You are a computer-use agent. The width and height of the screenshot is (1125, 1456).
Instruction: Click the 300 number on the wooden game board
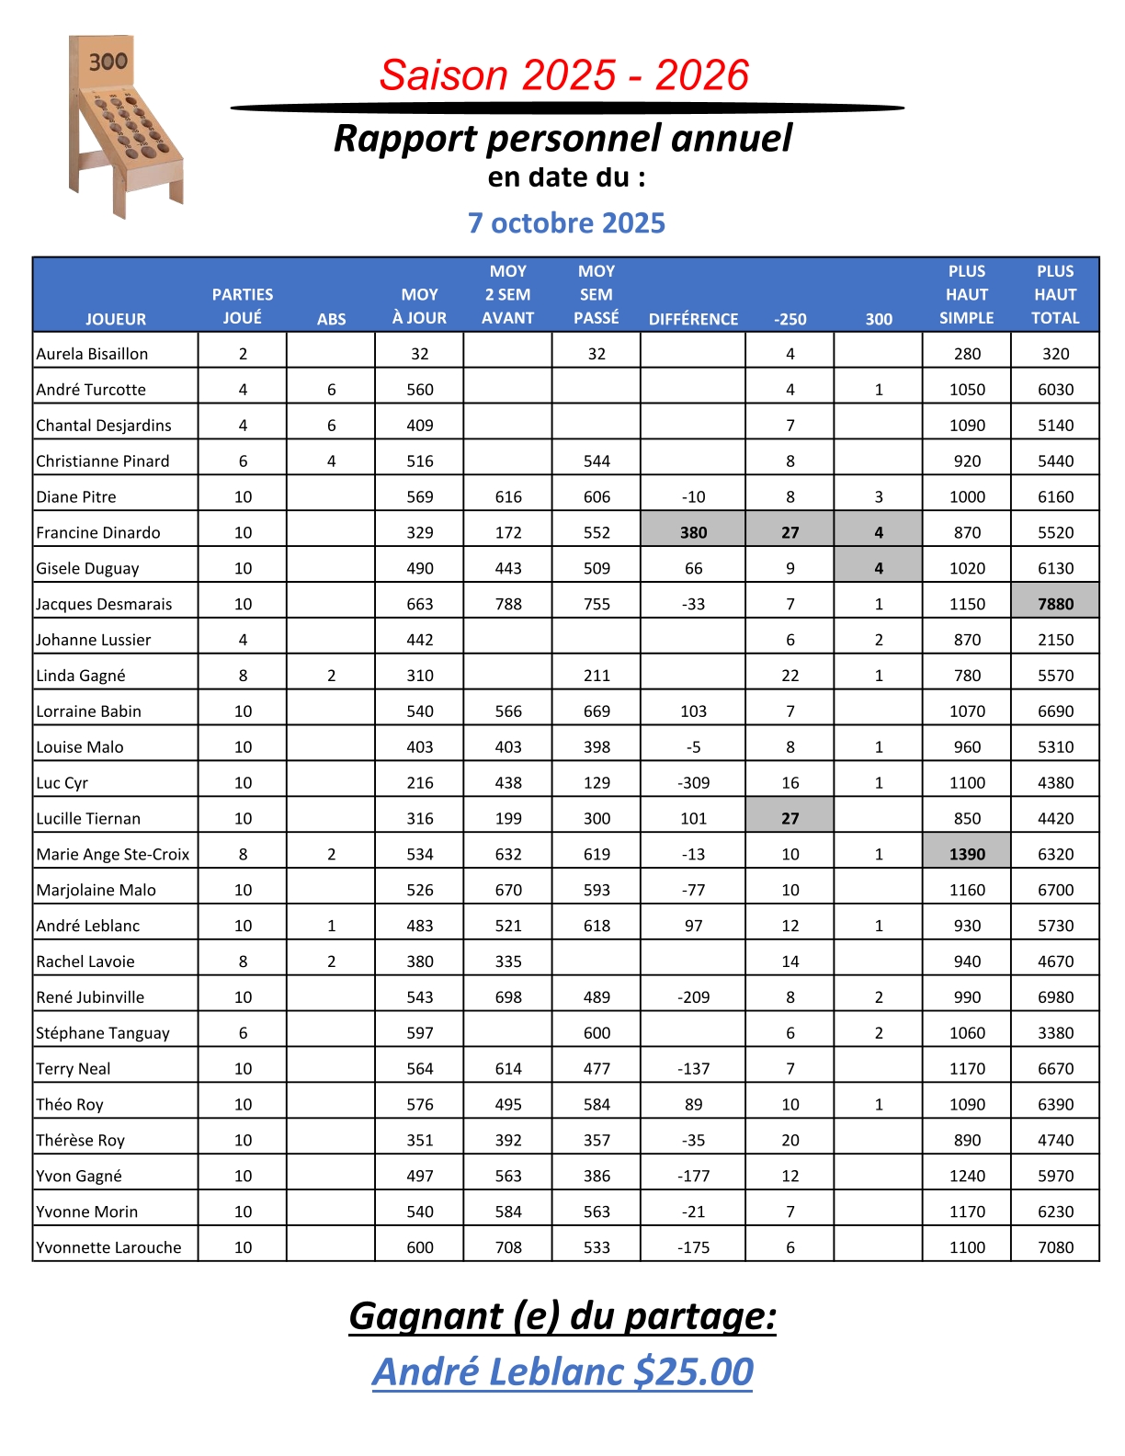click(108, 62)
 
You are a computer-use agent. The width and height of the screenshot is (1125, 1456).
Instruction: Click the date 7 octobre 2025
click(566, 223)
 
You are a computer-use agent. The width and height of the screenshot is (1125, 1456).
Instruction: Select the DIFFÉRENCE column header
click(693, 319)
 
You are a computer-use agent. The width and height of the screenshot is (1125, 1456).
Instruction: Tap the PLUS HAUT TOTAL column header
click(1055, 295)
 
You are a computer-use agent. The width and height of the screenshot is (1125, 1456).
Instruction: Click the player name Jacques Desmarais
click(104, 604)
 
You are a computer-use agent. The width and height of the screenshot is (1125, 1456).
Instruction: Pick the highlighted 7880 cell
click(1055, 604)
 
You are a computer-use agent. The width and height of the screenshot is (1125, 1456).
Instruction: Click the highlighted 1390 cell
click(967, 854)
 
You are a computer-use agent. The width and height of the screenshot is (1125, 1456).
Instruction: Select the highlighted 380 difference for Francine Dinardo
click(693, 532)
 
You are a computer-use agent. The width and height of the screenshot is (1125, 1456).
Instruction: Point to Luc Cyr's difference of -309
click(693, 782)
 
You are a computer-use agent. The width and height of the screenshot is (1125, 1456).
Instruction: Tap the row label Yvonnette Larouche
click(108, 1247)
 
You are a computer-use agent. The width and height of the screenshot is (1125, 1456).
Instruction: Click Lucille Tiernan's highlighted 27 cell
click(790, 818)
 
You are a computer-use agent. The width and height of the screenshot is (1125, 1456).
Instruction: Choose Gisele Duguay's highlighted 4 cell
click(879, 568)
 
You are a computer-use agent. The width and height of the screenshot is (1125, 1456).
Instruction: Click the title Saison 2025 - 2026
click(564, 75)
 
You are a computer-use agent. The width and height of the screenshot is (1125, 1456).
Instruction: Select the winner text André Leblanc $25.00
click(562, 1371)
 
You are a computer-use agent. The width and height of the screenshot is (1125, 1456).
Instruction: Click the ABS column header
click(331, 319)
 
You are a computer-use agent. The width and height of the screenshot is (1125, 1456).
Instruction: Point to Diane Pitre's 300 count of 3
click(879, 496)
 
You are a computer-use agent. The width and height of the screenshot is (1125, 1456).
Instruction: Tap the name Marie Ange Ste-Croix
click(112, 854)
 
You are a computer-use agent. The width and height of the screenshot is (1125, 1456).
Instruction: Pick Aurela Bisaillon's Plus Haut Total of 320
click(1055, 354)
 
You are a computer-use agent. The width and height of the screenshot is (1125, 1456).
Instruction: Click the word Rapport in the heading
click(405, 139)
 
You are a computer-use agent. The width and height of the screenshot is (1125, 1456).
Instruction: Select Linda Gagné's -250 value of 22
click(790, 676)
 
